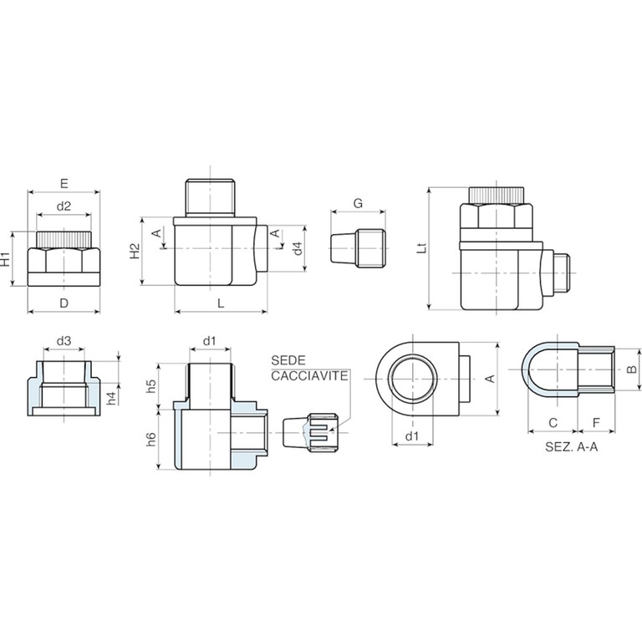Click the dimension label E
point(64,183)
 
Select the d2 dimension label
point(64,206)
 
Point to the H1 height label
point(5,259)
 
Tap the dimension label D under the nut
point(64,303)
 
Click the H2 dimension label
point(135,251)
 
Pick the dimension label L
point(221,303)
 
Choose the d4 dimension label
point(298,248)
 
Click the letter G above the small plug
point(358,203)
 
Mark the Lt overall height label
point(421,248)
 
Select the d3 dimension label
point(64,341)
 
